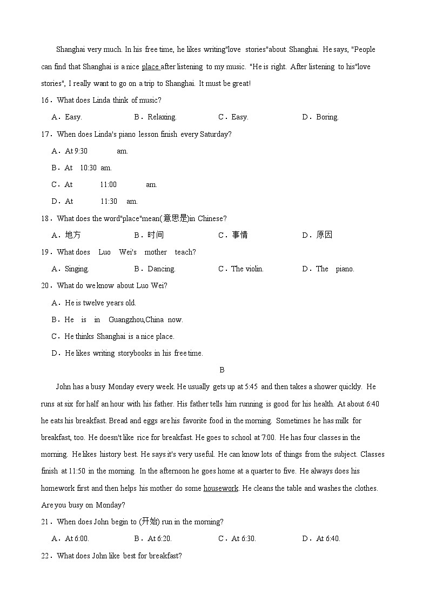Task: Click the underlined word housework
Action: pos(220,488)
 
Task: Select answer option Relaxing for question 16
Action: pos(162,117)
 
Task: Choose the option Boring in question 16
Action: pos(327,117)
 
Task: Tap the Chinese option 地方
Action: pos(72,235)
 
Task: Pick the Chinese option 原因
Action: pos(324,235)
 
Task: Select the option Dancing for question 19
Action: pos(161,269)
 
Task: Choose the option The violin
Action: pos(247,269)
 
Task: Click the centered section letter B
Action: pos(222,370)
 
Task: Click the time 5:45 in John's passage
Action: pos(251,387)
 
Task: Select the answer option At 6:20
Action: pos(159,538)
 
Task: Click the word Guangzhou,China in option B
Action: pos(136,319)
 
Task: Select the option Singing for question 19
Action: pos(77,269)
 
